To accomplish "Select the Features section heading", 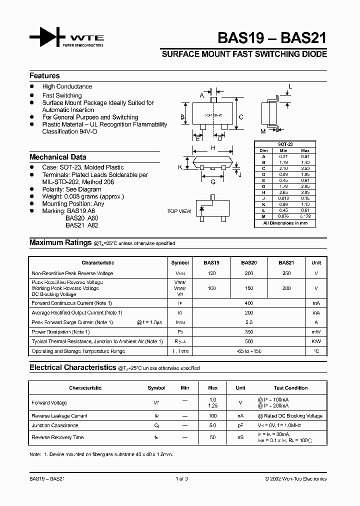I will point(44,76).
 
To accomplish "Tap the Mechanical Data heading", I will point(57,157).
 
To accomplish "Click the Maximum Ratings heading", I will point(59,242).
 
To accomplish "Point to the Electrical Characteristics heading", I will point(72,367).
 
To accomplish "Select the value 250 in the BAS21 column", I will point(285,273).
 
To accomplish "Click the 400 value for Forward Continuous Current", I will point(248,303).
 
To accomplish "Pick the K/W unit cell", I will point(316,341).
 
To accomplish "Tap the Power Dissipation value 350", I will point(248,332).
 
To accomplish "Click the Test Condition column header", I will point(290,387).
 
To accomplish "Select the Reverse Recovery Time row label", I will point(57,437).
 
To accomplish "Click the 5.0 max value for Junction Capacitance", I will point(212,425).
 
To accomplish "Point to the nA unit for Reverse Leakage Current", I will point(240,416).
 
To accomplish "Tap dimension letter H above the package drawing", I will point(213,148).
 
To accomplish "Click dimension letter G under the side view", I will point(213,182).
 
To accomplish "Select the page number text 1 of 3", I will point(182,478).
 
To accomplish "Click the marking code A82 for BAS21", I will point(93,225).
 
